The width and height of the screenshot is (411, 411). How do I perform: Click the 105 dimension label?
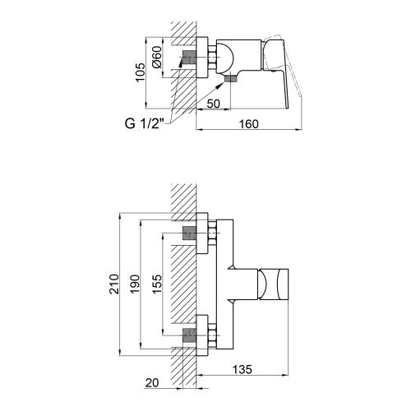[x=141, y=72]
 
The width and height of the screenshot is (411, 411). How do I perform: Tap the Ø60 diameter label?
[x=158, y=57]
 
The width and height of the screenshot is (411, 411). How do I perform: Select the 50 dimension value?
[x=214, y=104]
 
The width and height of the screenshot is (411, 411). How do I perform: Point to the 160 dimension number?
[x=249, y=124]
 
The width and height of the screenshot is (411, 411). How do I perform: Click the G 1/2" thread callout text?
[x=145, y=124]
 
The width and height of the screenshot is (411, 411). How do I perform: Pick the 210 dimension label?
[x=114, y=284]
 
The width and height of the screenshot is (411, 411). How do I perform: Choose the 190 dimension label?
[x=135, y=284]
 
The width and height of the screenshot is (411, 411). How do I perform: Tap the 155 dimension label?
[x=157, y=284]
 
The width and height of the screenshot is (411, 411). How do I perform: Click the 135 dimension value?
[x=242, y=369]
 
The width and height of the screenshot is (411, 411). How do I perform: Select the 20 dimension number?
[x=152, y=383]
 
